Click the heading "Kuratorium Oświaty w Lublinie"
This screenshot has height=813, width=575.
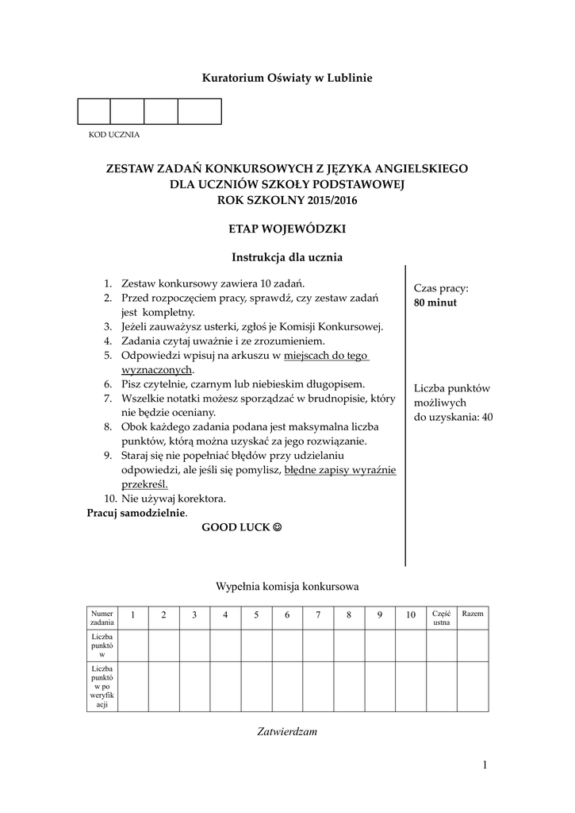tap(287, 78)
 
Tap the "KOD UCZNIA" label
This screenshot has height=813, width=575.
tap(113, 134)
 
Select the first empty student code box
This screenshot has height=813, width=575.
tap(94, 112)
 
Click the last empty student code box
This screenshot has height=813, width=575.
tap(199, 112)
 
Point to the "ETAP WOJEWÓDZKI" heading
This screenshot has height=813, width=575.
tap(287, 229)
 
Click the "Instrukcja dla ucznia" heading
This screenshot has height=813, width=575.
tap(287, 257)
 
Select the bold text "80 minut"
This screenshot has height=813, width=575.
tap(435, 302)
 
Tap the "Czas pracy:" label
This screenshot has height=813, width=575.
tap(441, 288)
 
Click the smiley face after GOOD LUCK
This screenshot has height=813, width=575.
tap(277, 527)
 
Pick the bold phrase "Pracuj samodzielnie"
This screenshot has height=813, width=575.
tap(135, 513)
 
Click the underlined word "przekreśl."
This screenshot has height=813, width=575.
tap(144, 484)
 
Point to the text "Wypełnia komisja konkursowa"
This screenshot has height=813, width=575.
tap(287, 587)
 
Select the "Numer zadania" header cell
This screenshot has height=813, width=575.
tap(102, 618)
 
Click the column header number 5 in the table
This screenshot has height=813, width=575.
tap(256, 615)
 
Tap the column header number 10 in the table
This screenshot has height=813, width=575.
tap(411, 615)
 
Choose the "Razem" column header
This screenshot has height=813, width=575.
tap(473, 615)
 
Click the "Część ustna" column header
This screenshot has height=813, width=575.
tap(441, 618)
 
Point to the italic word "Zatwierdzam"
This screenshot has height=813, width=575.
tap(287, 732)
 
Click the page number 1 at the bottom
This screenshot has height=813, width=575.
tap(483, 765)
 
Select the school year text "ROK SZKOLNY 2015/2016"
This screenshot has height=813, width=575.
tap(287, 200)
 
